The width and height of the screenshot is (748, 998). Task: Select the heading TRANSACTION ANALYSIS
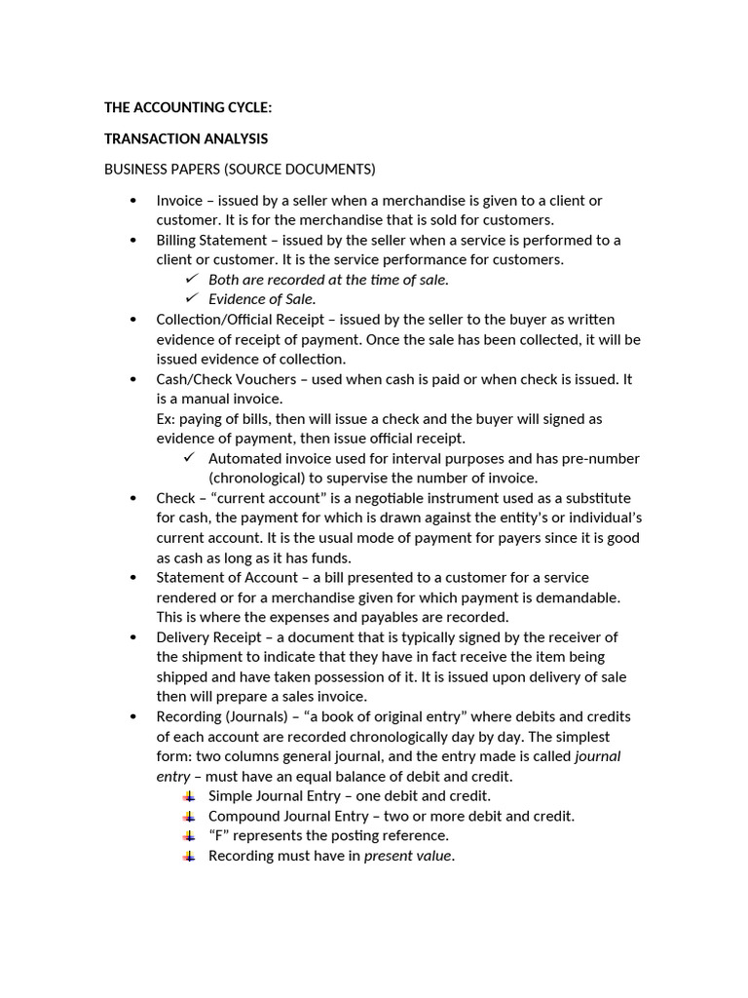[x=186, y=139]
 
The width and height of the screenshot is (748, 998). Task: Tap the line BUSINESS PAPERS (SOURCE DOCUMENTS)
[x=240, y=170]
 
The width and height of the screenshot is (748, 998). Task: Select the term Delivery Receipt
[x=208, y=637]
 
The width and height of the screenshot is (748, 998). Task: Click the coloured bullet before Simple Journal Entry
[x=189, y=796]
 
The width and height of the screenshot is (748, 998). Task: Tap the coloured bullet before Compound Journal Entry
[x=189, y=816]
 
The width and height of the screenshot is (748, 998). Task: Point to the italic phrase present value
[x=408, y=857]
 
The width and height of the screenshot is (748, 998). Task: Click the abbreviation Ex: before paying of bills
[x=167, y=419]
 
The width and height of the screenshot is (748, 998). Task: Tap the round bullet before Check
[x=132, y=498]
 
